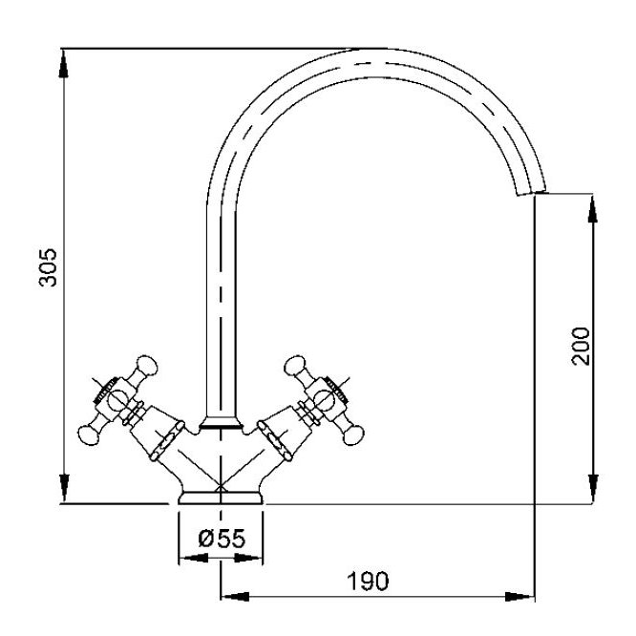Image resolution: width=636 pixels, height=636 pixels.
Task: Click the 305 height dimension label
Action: pyautogui.click(x=49, y=267)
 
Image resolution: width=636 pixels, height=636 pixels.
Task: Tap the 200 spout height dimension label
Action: pyautogui.click(x=581, y=346)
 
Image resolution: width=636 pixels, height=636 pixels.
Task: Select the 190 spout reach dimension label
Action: pyautogui.click(x=368, y=581)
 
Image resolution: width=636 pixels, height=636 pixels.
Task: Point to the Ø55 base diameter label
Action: pyautogui.click(x=222, y=539)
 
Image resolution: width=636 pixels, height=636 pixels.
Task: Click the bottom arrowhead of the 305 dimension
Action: pyautogui.click(x=64, y=488)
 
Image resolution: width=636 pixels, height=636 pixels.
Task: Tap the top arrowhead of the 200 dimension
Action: pyautogui.click(x=593, y=208)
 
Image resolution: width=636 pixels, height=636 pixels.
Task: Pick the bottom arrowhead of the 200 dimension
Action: pyautogui.click(x=593, y=489)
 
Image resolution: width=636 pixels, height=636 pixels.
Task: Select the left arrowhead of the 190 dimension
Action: pyautogui.click(x=235, y=597)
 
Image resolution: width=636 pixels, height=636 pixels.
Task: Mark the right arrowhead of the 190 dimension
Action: pyautogui.click(x=520, y=597)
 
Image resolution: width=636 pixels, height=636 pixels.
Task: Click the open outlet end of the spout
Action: pyautogui.click(x=531, y=193)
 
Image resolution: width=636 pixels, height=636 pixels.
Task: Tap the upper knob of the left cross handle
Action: pyautogui.click(x=146, y=365)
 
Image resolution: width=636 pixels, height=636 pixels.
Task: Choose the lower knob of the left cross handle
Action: pyautogui.click(x=89, y=435)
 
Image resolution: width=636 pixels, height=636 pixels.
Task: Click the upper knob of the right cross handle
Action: pyautogui.click(x=294, y=365)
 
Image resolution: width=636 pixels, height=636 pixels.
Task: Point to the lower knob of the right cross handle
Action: pyautogui.click(x=353, y=435)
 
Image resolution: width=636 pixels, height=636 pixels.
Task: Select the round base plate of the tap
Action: pyautogui.click(x=221, y=498)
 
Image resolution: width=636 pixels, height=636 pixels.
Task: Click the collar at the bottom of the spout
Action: pyautogui.click(x=221, y=423)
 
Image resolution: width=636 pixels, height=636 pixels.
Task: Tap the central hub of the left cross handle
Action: pyautogui.click(x=117, y=399)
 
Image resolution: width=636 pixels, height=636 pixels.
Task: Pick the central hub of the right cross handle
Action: pyautogui.click(x=324, y=399)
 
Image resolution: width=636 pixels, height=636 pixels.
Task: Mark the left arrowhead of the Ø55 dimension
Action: pyautogui.click(x=194, y=559)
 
